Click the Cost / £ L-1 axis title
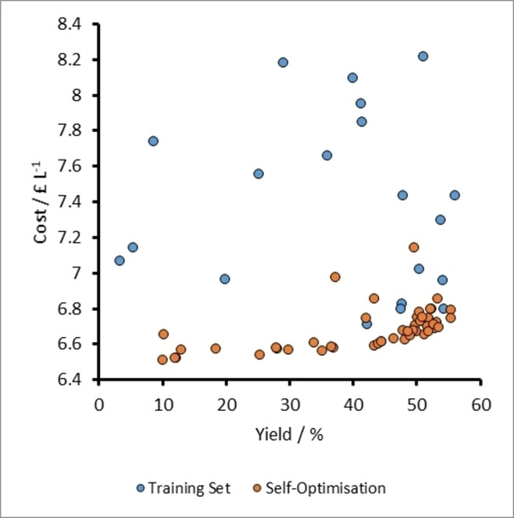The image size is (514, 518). pyautogui.click(x=42, y=202)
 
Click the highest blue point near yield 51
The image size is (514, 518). pyautogui.click(x=422, y=56)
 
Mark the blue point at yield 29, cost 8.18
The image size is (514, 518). pyautogui.click(x=282, y=62)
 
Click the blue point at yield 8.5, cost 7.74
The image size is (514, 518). pyautogui.click(x=153, y=141)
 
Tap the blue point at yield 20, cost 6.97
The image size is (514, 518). pyautogui.click(x=225, y=279)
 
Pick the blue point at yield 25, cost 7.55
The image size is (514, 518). pyautogui.click(x=258, y=173)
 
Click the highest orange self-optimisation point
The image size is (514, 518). pyautogui.click(x=414, y=247)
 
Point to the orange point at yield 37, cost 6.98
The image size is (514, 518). pyautogui.click(x=335, y=277)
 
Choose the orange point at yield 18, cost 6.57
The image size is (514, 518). pyautogui.click(x=215, y=348)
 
